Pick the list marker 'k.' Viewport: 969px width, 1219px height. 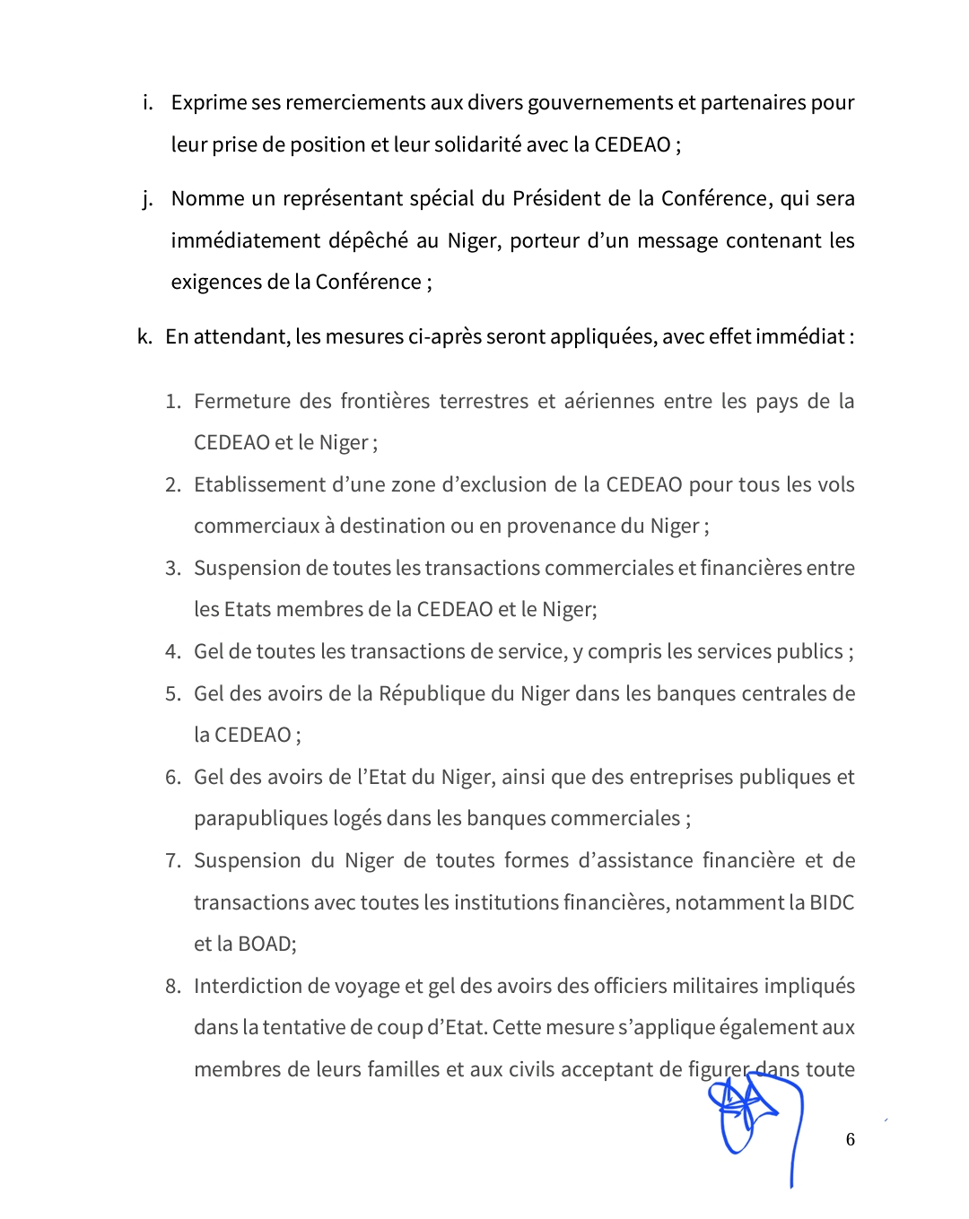[144, 336]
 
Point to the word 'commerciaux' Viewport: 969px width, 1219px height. [257, 526]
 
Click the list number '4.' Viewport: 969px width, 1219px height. [172, 651]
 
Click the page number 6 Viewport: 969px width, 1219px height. [851, 1139]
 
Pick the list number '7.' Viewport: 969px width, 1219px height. [172, 860]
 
